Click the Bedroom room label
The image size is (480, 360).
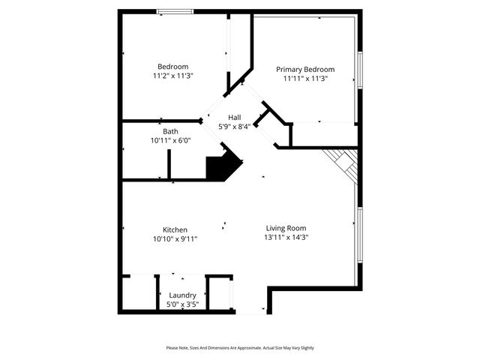(172, 66)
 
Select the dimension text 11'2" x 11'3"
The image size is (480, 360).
(172, 76)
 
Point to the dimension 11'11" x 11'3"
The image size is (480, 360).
(305, 79)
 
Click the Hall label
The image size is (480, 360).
(235, 118)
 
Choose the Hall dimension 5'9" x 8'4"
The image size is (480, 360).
(235, 127)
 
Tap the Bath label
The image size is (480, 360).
(170, 131)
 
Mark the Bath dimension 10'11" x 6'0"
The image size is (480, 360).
(170, 140)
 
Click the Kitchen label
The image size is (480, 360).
(175, 229)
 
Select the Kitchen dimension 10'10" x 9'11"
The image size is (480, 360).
(175, 239)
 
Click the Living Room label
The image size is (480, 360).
(286, 228)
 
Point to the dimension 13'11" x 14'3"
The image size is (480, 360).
(286, 238)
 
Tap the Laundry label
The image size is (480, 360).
(182, 295)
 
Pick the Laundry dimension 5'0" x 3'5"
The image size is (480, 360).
(182, 304)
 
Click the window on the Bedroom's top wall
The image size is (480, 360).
(174, 11)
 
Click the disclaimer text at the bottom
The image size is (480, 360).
(240, 348)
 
